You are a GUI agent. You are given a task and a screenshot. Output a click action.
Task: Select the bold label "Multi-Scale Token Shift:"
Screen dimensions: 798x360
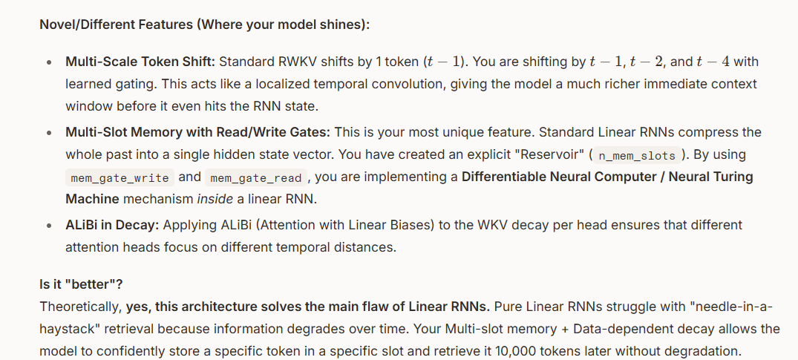point(141,62)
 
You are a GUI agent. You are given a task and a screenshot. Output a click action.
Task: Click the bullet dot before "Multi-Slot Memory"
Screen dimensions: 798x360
point(48,133)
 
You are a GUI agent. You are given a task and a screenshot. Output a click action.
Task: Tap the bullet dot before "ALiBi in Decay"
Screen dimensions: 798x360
point(48,225)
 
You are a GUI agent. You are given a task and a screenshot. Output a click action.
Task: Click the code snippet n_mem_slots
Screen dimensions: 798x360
point(637,156)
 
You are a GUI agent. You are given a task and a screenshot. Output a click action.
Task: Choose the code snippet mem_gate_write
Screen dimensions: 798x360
point(119,178)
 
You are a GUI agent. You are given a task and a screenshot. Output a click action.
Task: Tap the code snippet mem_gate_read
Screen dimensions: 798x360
point(256,178)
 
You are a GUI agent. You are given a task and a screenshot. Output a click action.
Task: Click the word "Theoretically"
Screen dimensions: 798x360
point(80,306)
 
